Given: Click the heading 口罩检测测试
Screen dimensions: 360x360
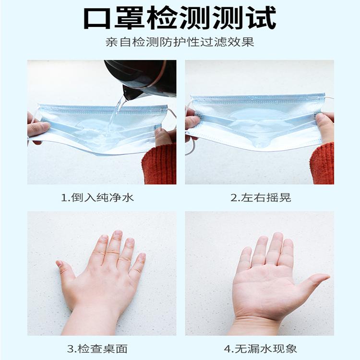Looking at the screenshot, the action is click(180, 18).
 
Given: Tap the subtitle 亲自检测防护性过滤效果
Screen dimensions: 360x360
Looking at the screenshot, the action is click(180, 42).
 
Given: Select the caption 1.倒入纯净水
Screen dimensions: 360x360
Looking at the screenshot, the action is click(97, 198).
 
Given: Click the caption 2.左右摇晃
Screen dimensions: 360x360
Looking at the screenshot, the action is click(261, 198).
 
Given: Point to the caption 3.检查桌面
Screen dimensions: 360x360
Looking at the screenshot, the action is click(97, 349).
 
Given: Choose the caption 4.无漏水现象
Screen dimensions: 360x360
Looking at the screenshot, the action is click(260, 349).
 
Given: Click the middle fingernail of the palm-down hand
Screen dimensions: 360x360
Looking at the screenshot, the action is click(118, 233).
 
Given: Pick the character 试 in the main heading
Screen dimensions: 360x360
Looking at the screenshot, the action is click(262, 18).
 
